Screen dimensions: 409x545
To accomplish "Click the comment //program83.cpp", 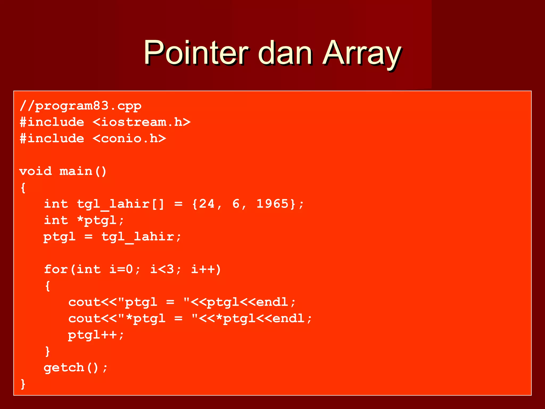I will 80,106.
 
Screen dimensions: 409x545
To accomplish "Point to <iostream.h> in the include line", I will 142,122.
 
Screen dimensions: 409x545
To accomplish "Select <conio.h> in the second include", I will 129,138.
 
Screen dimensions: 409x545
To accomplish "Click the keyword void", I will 35,171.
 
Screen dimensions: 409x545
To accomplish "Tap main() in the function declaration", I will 83,171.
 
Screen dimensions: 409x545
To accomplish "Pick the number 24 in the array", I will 207,204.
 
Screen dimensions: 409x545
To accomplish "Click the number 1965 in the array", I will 272,204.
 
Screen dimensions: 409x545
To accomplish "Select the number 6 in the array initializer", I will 236,204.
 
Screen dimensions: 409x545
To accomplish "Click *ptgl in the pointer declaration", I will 96,220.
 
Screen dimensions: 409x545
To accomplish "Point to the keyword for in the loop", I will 56,269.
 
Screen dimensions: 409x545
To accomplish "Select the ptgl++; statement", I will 96,335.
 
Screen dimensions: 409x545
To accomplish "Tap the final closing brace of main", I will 23,384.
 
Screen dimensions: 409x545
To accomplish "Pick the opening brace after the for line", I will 48,286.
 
